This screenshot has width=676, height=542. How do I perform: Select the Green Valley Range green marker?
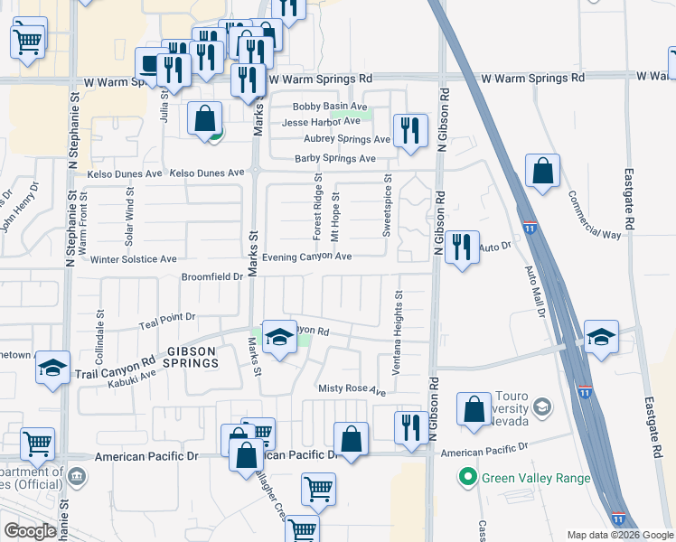(467, 478)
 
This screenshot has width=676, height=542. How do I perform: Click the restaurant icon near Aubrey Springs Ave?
(410, 129)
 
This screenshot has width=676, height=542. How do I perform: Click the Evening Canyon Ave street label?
(307, 257)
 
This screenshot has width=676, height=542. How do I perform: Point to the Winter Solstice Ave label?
(134, 259)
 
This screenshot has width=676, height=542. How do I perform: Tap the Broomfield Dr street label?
(212, 276)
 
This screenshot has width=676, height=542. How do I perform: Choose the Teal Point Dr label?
(166, 319)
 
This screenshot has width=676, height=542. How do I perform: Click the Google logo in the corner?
(30, 531)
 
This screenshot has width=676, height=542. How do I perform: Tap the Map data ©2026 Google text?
(619, 535)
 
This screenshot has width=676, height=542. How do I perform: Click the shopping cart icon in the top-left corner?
(28, 40)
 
